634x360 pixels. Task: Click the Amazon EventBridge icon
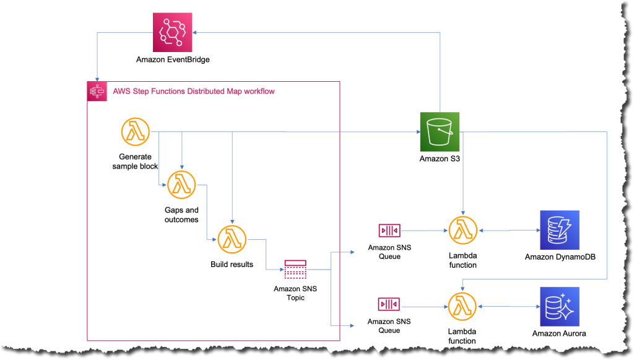(173, 32)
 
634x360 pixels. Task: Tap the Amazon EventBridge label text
(173, 59)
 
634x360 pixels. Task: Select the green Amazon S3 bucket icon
(440, 131)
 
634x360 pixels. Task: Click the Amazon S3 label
(440, 159)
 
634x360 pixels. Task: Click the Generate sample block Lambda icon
(135, 131)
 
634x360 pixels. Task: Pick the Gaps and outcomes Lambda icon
(181, 184)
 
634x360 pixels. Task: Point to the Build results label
(232, 265)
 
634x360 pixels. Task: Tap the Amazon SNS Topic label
(295, 293)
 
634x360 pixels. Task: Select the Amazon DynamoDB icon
(559, 230)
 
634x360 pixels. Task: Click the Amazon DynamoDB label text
(559, 257)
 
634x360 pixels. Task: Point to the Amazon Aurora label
(559, 334)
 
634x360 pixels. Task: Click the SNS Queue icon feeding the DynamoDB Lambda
(389, 230)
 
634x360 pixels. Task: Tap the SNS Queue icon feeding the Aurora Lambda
(389, 304)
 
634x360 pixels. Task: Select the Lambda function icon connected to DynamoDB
(462, 230)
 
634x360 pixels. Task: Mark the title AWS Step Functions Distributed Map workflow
(194, 91)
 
